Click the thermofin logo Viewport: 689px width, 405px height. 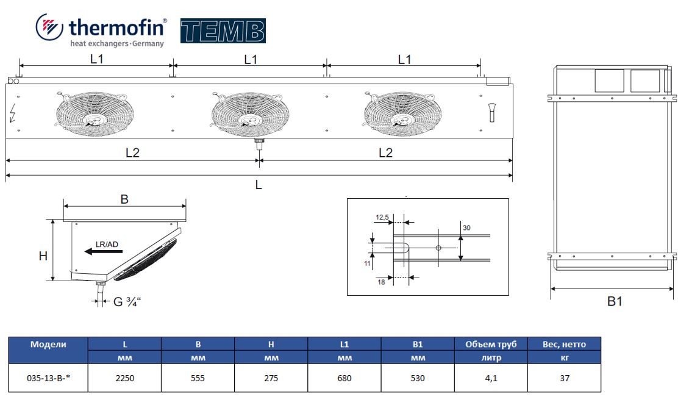point(101,30)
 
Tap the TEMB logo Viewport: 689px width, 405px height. point(223,31)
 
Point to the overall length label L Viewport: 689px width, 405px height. point(259,185)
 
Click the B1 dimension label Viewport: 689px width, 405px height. point(615,301)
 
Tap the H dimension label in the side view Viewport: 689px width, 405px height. point(43,256)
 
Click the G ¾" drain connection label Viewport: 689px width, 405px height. point(127,301)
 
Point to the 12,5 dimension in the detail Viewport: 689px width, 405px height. point(382,217)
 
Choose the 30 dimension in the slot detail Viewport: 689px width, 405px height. point(466,228)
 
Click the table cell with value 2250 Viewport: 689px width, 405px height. point(124,378)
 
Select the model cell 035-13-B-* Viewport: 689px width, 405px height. point(49,378)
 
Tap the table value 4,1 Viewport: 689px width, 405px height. point(491,378)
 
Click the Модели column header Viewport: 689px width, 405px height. point(48,344)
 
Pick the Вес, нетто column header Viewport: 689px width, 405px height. point(564,344)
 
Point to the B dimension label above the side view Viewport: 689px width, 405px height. point(124,199)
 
